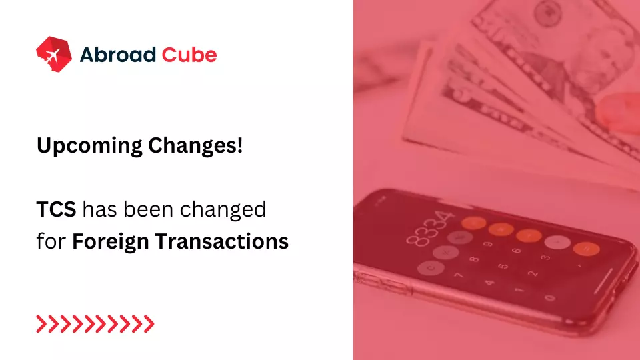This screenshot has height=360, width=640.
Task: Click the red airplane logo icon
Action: click(53, 54)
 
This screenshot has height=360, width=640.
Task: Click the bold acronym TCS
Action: click(57, 209)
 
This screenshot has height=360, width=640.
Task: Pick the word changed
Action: click(227, 211)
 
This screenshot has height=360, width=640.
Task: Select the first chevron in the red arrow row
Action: click(41, 325)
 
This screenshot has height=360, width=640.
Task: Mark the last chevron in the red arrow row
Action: click(149, 325)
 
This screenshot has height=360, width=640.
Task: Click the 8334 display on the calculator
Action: click(433, 227)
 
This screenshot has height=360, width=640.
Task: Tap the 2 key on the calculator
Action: click(531, 273)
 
